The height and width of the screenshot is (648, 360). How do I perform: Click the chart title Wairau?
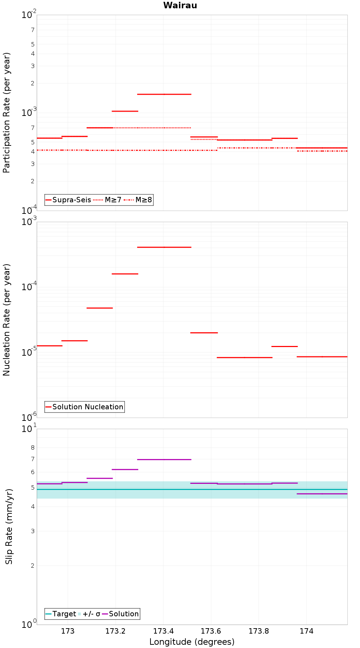click(180, 5)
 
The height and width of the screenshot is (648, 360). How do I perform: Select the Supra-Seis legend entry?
click(68, 200)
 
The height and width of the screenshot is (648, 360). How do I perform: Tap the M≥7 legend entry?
click(108, 200)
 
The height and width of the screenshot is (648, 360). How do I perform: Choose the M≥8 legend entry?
click(138, 200)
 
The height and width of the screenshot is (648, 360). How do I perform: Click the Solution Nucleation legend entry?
click(84, 407)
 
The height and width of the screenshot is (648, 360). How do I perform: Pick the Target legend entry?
click(60, 614)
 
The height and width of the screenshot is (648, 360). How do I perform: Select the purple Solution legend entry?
click(120, 614)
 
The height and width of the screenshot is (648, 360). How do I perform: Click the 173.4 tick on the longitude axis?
click(163, 631)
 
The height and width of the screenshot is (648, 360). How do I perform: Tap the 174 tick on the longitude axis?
click(306, 631)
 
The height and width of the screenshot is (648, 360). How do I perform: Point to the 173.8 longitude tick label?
click(258, 631)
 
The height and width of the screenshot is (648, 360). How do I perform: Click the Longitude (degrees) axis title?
click(192, 642)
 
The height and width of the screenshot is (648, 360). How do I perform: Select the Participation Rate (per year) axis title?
click(7, 113)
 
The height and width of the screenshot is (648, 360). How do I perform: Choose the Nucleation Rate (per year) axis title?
click(7, 320)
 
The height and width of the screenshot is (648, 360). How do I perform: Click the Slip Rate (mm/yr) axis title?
click(9, 526)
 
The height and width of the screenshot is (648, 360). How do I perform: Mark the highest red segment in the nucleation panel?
click(164, 247)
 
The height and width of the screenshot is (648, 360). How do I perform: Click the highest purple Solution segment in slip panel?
click(164, 459)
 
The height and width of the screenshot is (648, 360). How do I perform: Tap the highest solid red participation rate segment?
click(164, 94)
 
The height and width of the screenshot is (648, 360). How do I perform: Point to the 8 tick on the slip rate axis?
click(33, 448)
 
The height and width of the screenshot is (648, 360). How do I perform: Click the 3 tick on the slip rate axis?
click(33, 531)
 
